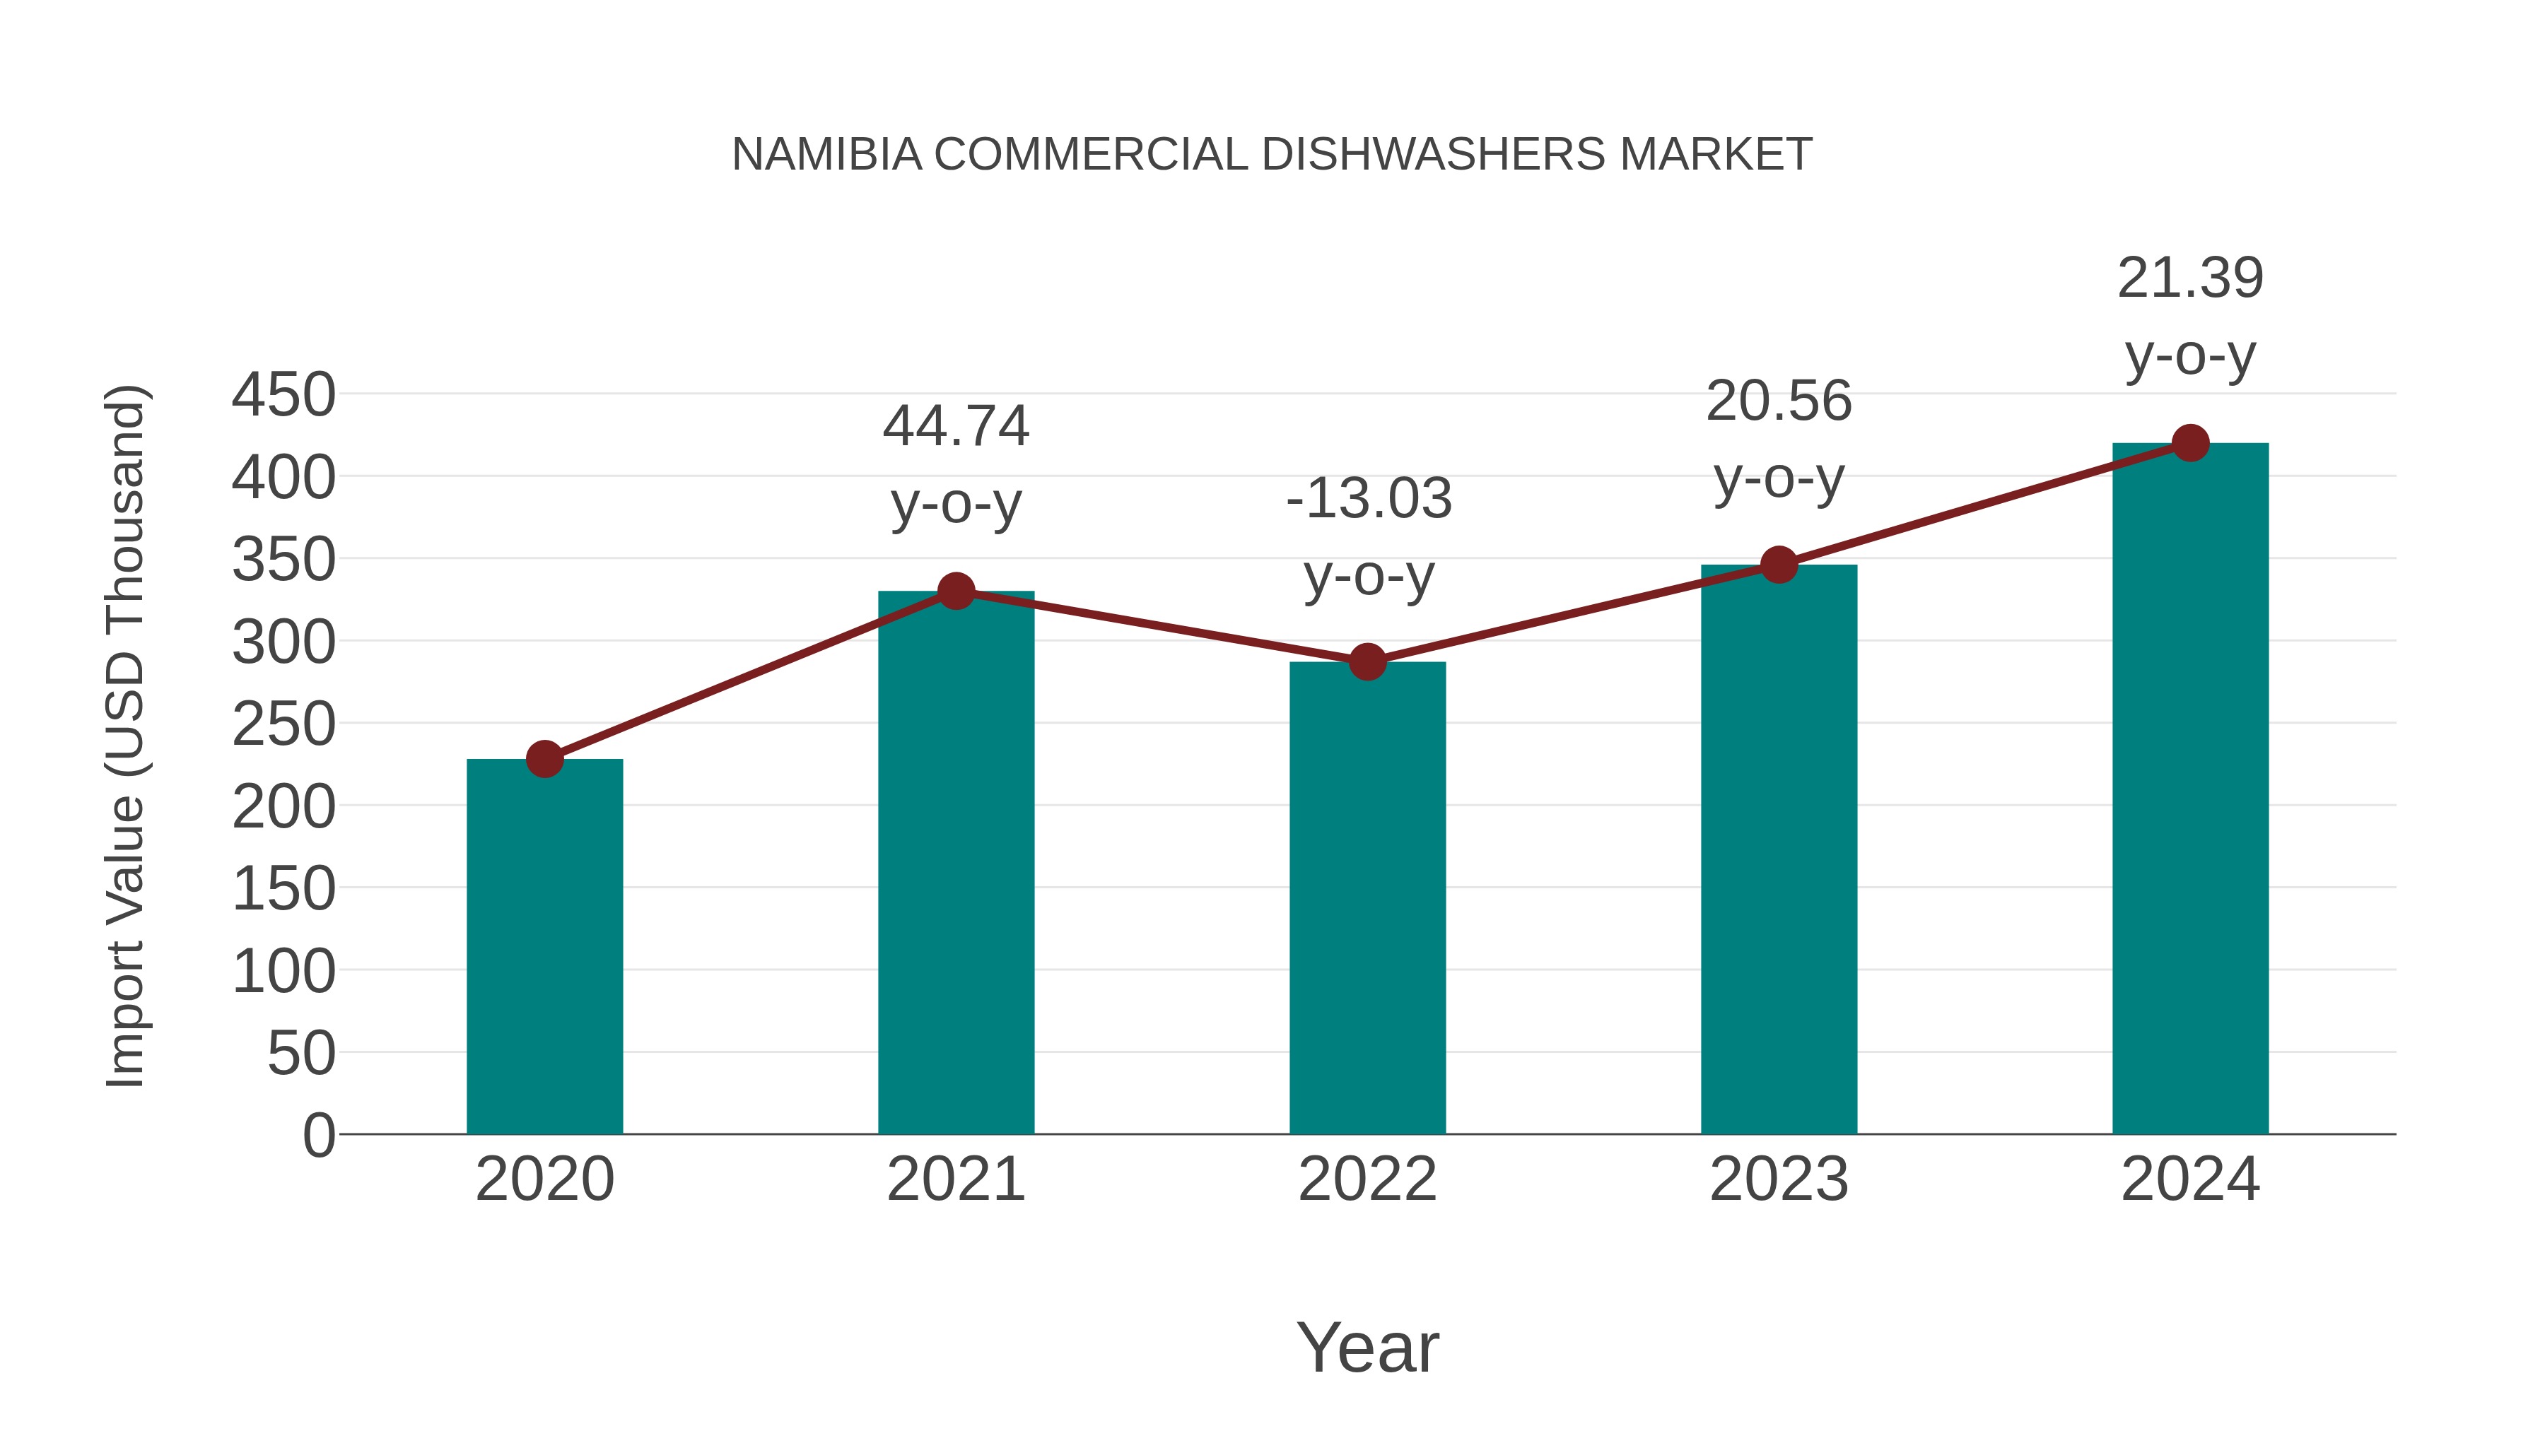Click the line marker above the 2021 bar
(956, 591)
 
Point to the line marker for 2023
(1779, 565)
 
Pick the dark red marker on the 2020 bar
(544, 760)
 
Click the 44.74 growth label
(956, 427)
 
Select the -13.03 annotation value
(1369, 499)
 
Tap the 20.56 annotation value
(1779, 402)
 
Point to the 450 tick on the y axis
(283, 395)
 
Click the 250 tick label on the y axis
(283, 725)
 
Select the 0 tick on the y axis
(319, 1135)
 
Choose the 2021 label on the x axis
(956, 1179)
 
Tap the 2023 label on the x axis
(1779, 1179)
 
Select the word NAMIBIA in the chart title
(826, 155)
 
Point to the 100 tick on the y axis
(283, 972)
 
